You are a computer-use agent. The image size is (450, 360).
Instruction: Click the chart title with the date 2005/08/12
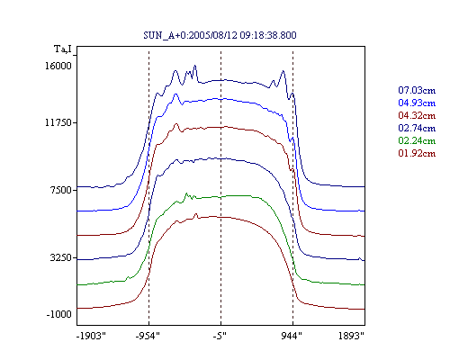[220, 35]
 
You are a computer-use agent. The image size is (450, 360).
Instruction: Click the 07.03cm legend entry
[417, 90]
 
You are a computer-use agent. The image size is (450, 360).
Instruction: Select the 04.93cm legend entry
[417, 103]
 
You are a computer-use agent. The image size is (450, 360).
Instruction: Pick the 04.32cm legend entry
[417, 115]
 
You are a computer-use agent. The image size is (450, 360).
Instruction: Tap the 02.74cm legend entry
[417, 128]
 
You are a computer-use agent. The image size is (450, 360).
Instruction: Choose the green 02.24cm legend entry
[417, 140]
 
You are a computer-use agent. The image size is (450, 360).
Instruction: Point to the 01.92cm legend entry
[417, 153]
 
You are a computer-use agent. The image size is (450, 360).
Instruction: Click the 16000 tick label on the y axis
[58, 66]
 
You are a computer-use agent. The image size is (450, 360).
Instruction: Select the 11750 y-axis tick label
[58, 122]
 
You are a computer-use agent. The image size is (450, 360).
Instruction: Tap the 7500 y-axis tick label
[61, 190]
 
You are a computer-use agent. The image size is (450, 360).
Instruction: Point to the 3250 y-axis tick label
[61, 257]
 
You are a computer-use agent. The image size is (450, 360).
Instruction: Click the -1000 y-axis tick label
[59, 314]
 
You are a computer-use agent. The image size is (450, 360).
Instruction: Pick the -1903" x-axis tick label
[92, 336]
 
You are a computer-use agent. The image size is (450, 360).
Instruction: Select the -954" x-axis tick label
[148, 336]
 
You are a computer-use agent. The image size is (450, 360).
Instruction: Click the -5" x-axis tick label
[220, 336]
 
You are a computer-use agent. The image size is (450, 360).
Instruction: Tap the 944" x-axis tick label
[292, 336]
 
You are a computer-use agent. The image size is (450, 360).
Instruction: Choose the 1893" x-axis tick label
[351, 336]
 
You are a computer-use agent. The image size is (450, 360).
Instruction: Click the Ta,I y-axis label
[63, 49]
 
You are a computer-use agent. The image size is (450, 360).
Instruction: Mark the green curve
[220, 197]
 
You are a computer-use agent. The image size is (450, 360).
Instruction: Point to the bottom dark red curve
[220, 217]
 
